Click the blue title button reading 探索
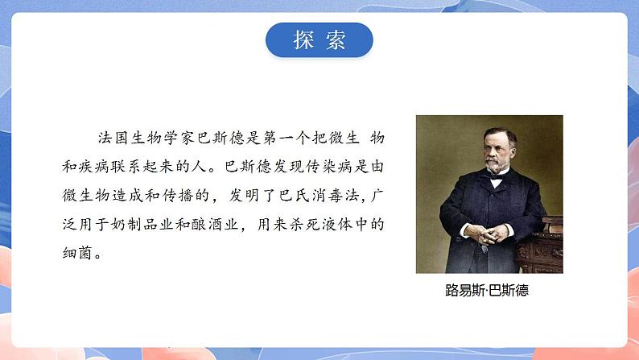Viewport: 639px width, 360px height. point(319,40)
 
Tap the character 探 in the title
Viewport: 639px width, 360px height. point(304,40)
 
